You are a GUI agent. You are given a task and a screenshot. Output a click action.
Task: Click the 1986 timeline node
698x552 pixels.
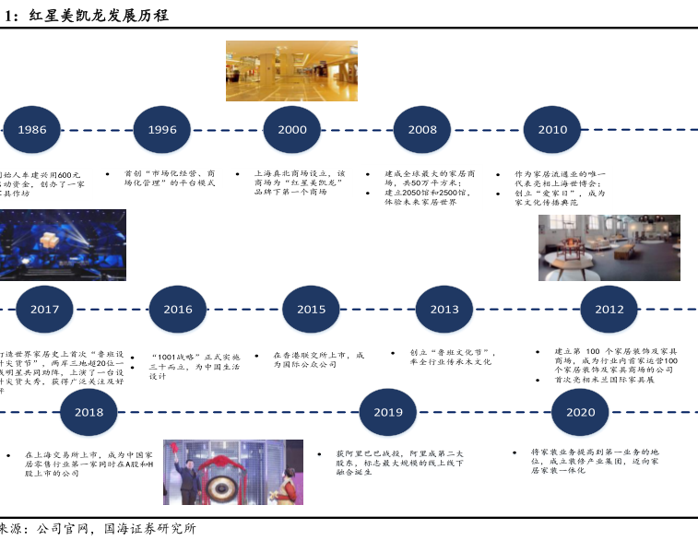pyautogui.click(x=31, y=130)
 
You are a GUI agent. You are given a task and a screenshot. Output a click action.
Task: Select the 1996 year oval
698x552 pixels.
pyautogui.click(x=162, y=130)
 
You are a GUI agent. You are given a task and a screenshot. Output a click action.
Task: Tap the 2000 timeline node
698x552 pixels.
pyautogui.click(x=292, y=130)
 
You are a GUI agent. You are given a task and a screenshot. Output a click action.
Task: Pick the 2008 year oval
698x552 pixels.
pyautogui.click(x=422, y=130)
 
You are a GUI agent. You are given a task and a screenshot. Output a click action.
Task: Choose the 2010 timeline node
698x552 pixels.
pyautogui.click(x=553, y=130)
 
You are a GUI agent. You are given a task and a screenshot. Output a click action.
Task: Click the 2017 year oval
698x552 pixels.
pyautogui.click(x=44, y=310)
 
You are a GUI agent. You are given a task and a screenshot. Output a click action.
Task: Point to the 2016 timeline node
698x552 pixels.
pyautogui.click(x=178, y=310)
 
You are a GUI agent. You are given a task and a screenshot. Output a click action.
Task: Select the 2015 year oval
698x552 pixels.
pyautogui.click(x=312, y=310)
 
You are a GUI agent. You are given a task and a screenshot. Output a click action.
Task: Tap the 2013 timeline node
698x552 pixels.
pyautogui.click(x=444, y=310)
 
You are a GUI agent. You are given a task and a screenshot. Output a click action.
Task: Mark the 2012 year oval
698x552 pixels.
pyautogui.click(x=609, y=310)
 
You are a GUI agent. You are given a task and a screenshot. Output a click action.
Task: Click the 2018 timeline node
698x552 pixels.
pyautogui.click(x=89, y=413)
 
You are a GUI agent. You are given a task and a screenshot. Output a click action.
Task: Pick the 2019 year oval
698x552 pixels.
pyautogui.click(x=388, y=413)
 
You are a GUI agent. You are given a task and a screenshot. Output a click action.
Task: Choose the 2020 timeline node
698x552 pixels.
pyautogui.click(x=581, y=413)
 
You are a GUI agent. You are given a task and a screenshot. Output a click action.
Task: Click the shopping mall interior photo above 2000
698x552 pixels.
pyautogui.click(x=278, y=70)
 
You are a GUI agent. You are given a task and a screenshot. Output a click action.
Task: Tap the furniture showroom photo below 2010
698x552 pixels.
pyautogui.click(x=609, y=248)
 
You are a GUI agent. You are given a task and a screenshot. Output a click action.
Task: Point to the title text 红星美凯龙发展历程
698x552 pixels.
pyautogui.click(x=98, y=16)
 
